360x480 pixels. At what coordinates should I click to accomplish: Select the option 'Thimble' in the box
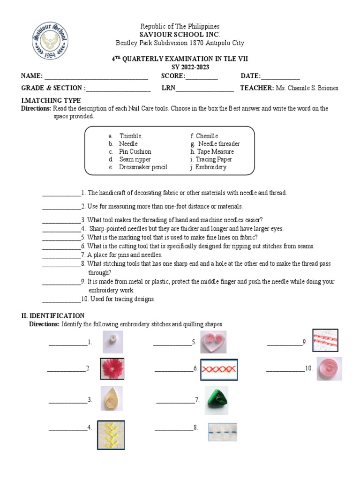coord(130,136)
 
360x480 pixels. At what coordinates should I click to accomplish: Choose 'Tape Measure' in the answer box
coord(215,151)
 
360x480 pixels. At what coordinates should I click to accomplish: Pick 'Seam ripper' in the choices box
coord(135,159)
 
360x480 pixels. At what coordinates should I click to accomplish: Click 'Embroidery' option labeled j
coord(210,167)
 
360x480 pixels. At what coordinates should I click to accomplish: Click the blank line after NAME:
coord(96,77)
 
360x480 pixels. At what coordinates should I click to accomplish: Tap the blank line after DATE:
coord(280,77)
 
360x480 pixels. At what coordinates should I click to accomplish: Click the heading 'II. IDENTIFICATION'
coord(53,316)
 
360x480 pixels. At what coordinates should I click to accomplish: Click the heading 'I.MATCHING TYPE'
coord(51,100)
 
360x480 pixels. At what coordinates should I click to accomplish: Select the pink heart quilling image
coord(213,342)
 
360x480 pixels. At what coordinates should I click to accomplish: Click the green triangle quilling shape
coord(217,400)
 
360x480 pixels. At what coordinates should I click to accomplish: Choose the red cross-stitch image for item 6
coord(219,369)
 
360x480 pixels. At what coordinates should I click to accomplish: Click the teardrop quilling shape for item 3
coord(112,398)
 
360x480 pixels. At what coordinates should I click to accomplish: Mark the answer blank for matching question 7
coord(61,255)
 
